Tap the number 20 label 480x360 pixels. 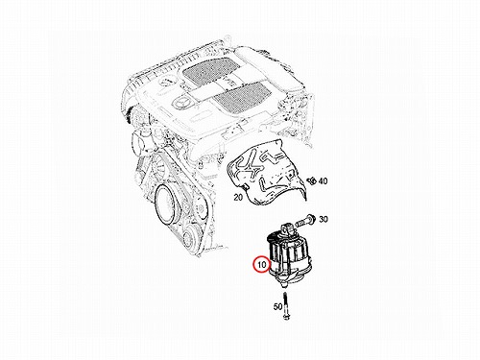pyautogui.click(x=238, y=198)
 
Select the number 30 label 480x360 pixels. pyautogui.click(x=324, y=220)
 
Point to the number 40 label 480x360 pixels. pyautogui.click(x=323, y=181)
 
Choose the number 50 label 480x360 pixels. pyautogui.click(x=277, y=306)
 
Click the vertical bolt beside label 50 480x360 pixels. pyautogui.click(x=285, y=305)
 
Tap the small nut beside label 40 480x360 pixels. pyautogui.click(x=311, y=180)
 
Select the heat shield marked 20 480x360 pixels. pyautogui.click(x=266, y=173)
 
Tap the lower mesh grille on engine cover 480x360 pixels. pyautogui.click(x=242, y=96)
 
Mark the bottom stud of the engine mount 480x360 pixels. pyautogui.click(x=284, y=284)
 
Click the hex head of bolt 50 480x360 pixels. pyautogui.click(x=285, y=317)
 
